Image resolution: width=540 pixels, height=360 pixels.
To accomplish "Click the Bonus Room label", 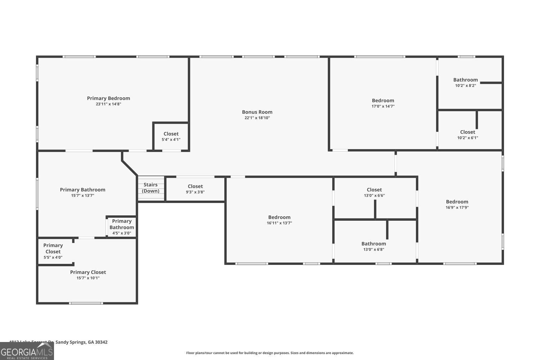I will click(x=257, y=112).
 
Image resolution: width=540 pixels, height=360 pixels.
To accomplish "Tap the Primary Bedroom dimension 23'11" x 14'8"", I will click(x=108, y=104).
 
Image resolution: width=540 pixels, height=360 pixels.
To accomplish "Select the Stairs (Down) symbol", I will click(x=151, y=188).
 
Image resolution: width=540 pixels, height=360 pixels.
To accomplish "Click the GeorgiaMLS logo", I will click(x=27, y=351).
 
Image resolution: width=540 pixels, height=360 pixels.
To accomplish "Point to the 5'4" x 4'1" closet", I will click(x=171, y=136).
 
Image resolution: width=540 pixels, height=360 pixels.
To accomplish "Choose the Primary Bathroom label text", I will click(x=82, y=190).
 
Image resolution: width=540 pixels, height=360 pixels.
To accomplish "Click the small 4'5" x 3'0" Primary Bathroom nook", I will click(x=122, y=227).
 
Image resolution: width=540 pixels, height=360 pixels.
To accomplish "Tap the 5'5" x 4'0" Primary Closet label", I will click(x=53, y=251).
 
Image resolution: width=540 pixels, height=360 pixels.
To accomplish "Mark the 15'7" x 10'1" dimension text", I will click(x=88, y=278).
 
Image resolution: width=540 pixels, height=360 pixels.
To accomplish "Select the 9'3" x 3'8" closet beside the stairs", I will click(x=195, y=189).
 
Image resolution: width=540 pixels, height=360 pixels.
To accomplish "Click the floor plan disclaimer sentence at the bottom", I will click(x=270, y=353).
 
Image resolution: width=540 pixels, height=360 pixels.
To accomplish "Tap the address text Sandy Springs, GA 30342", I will click(x=81, y=342).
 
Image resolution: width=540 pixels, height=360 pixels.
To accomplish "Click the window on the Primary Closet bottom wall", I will click(x=86, y=303).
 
